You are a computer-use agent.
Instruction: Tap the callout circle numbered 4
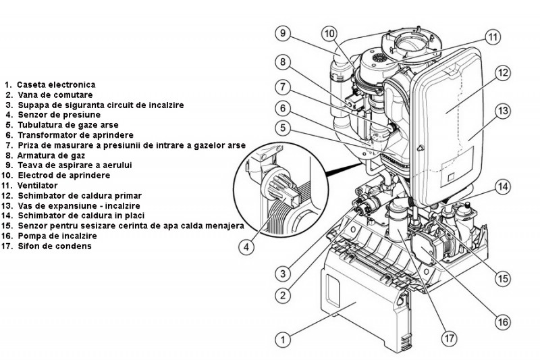(247, 248)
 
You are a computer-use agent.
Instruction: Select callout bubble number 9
(282, 32)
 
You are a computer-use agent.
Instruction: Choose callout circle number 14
(501, 186)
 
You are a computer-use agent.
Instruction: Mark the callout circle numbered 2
(283, 294)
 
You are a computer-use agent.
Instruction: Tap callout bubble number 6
(282, 107)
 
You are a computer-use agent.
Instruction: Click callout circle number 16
(502, 322)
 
